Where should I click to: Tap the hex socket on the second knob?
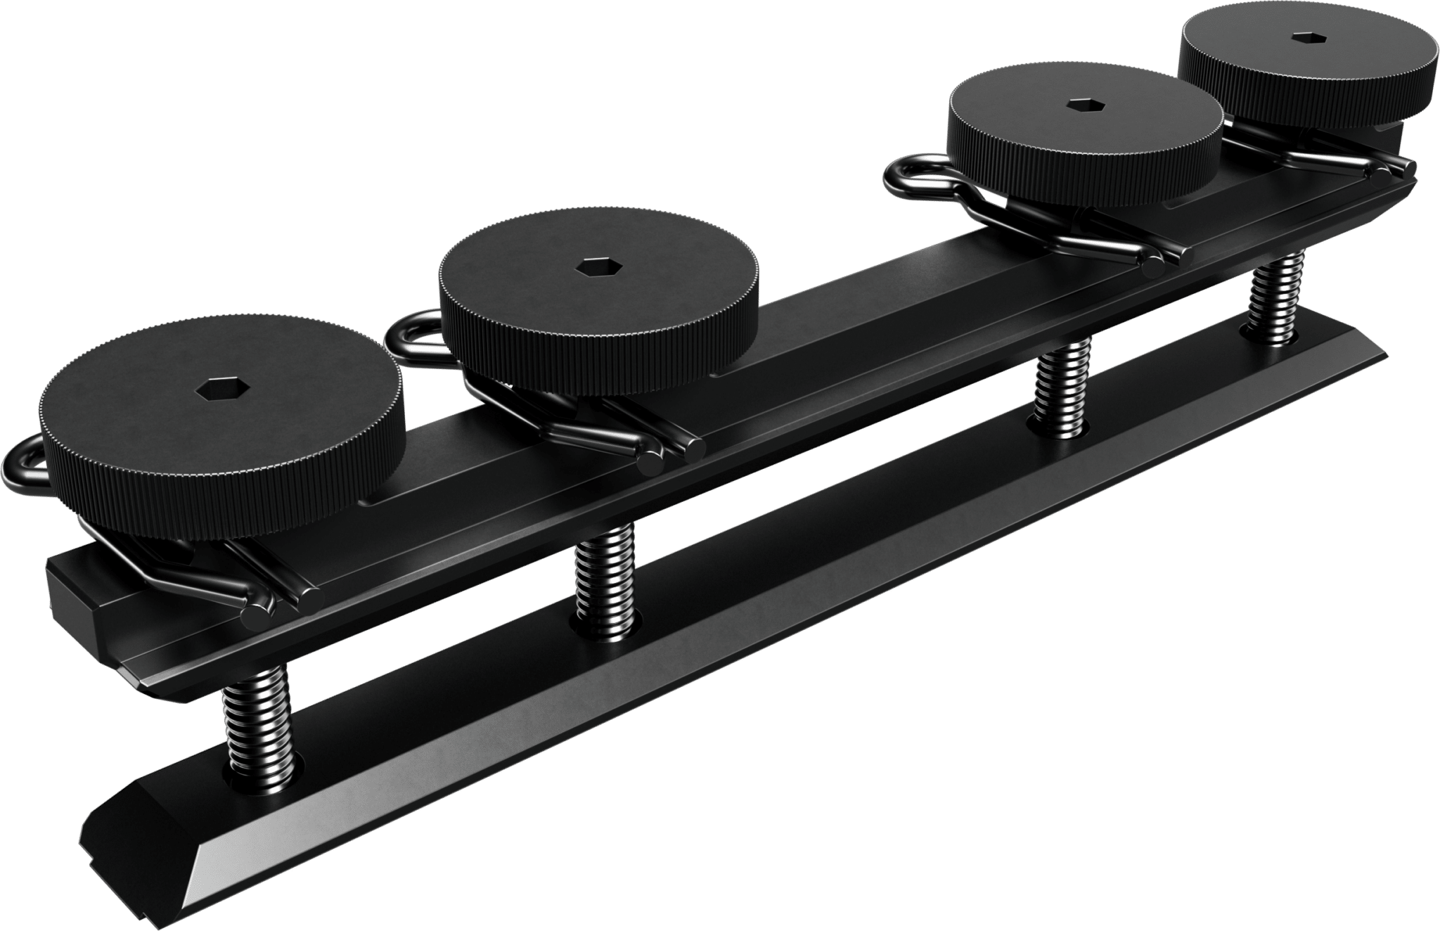click(590, 267)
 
